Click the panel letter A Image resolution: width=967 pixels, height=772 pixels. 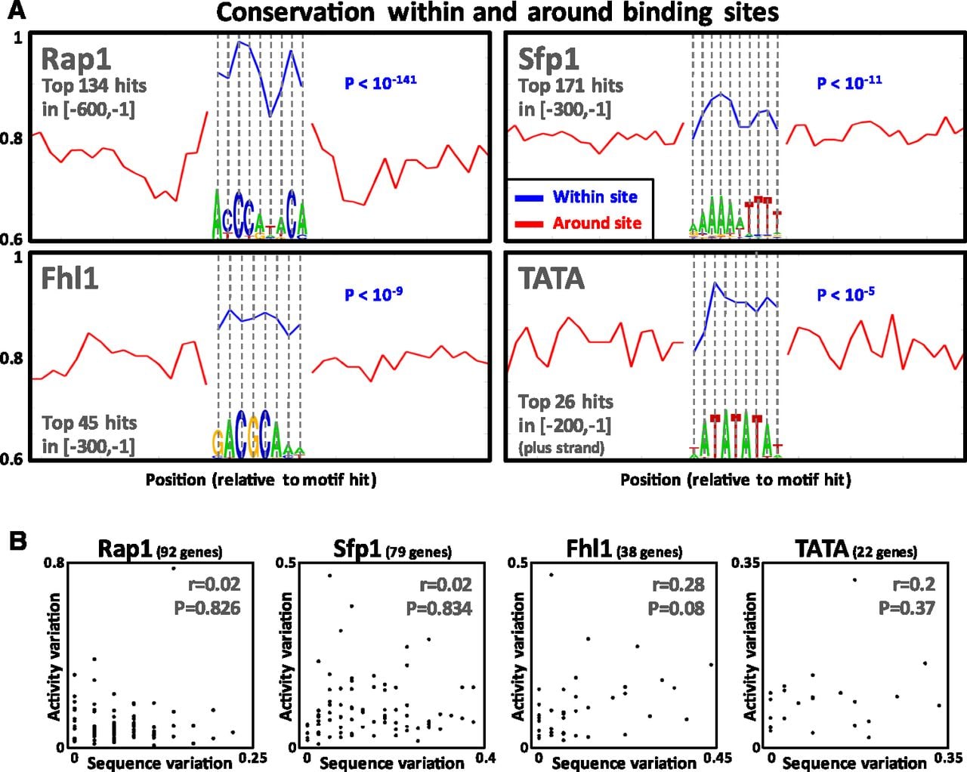click(x=17, y=10)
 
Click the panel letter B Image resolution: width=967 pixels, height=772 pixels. click(x=18, y=542)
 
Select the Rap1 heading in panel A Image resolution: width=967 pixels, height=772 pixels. click(x=76, y=60)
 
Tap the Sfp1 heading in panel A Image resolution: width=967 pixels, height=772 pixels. click(x=548, y=60)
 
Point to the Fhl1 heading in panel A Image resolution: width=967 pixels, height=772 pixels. click(x=70, y=278)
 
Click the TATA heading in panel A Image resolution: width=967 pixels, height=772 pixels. click(x=551, y=278)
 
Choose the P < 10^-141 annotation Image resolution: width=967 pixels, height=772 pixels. click(x=380, y=82)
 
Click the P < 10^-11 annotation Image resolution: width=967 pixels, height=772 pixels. click(x=849, y=82)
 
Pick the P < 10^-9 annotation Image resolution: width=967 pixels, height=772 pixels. click(x=373, y=295)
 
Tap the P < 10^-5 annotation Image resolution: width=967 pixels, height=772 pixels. click(x=845, y=295)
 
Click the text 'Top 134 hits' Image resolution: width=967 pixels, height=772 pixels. click(x=94, y=85)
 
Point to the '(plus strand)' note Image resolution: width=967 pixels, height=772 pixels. click(x=561, y=448)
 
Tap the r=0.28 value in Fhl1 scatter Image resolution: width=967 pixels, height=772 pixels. click(x=678, y=585)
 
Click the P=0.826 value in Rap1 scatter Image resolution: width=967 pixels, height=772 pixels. click(x=207, y=608)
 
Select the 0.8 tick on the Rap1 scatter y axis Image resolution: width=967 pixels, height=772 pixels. click(x=54, y=562)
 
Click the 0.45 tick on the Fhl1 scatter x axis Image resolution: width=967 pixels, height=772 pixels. click(x=718, y=758)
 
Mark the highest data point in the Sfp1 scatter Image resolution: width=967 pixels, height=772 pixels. click(x=329, y=576)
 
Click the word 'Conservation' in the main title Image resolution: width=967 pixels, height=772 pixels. click(x=295, y=12)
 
